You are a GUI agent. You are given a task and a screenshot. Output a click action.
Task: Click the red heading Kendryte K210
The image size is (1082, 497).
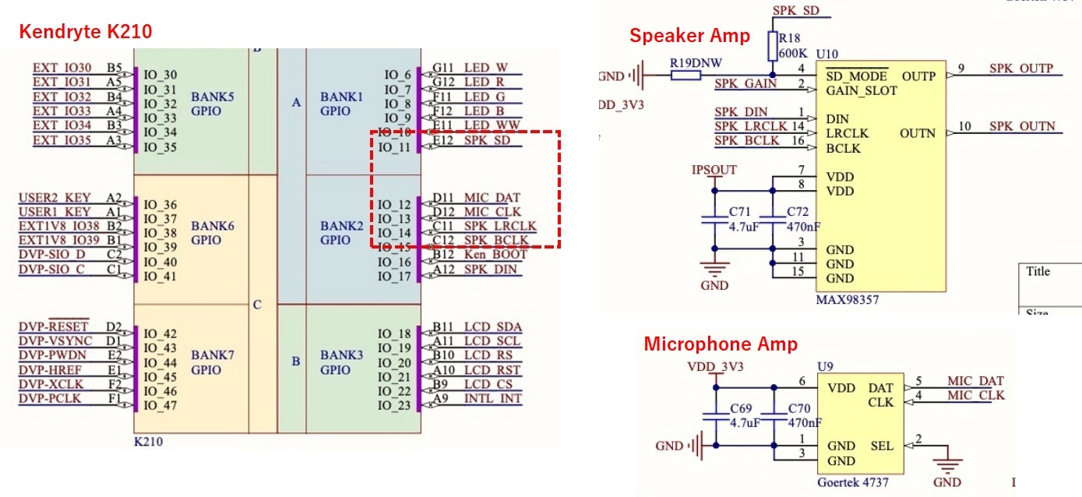coord(85,31)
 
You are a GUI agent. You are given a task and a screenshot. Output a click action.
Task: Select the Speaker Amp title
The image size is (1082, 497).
coord(689,35)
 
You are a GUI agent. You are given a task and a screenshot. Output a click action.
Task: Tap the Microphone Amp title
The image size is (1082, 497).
coord(720,344)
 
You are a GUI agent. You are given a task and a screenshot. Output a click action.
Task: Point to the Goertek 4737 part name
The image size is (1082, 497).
coord(852,482)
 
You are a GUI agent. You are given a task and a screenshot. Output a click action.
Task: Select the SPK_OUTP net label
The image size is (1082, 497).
coord(1021,69)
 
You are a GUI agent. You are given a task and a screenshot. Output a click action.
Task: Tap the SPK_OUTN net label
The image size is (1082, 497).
coord(1022,126)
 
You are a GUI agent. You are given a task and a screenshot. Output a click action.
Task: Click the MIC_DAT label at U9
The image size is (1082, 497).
coord(975,381)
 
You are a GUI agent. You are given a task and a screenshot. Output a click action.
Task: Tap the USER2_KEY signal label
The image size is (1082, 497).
coord(55,198)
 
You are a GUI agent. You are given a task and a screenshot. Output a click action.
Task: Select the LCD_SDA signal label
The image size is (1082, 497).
coord(492,326)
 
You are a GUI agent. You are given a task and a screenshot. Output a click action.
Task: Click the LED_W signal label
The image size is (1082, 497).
coord(485,68)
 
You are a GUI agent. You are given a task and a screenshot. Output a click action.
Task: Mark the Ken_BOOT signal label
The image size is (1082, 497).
coord(495,255)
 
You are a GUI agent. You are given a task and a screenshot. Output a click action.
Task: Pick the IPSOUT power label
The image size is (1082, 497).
coord(714,169)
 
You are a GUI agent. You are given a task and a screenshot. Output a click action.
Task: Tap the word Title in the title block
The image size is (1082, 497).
coord(1038,272)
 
